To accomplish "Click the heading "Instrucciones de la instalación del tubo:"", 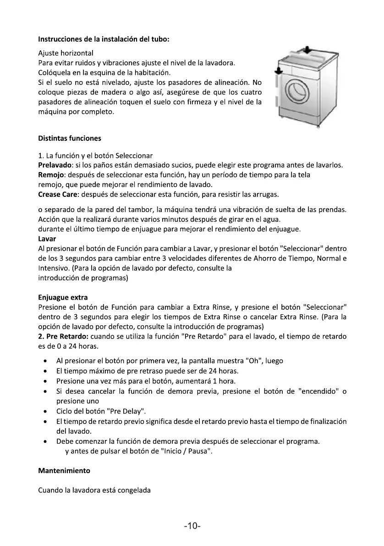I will [104, 39].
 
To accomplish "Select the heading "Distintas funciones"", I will [70, 138].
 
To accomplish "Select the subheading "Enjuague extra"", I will [63, 297].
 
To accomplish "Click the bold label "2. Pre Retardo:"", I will [63, 337].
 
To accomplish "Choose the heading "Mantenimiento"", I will [64, 470].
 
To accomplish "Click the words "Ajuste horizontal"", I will [66, 53].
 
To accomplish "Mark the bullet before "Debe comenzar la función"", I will [44, 442].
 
